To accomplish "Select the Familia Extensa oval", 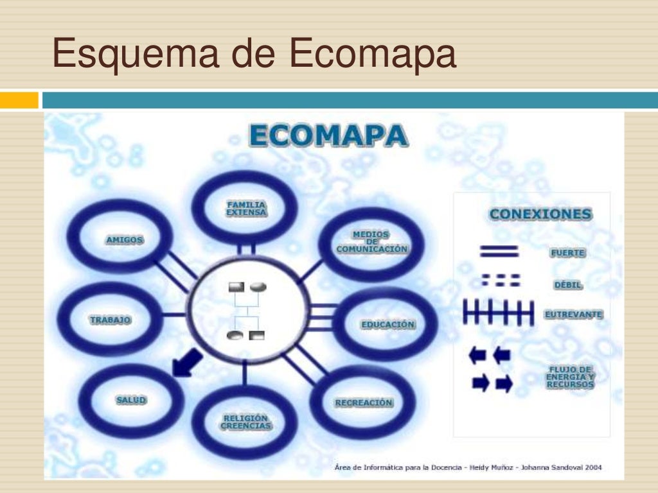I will point(245,208).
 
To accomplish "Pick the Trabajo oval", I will point(110,319).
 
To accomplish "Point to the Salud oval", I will point(131,400).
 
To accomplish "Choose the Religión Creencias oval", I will point(245,422).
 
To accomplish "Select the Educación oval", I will point(387,324).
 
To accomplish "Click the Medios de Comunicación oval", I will point(371,242).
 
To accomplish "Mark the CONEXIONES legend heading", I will point(540,214).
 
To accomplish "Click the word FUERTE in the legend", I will point(567,253).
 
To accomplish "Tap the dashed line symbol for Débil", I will point(501,281).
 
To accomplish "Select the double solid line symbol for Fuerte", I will point(499,251).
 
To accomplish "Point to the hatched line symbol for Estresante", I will point(499,314).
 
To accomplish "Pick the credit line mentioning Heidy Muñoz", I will point(468,467).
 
